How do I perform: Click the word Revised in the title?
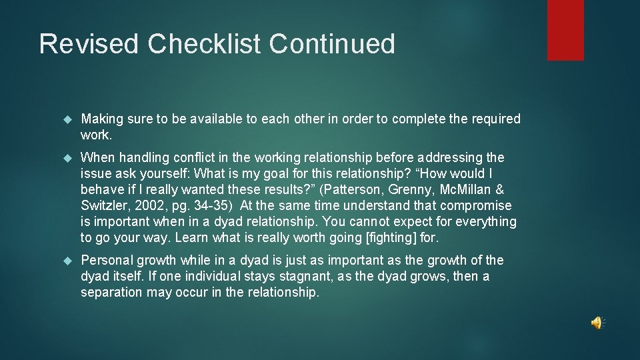[x=89, y=44]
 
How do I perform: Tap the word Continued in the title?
[x=332, y=44]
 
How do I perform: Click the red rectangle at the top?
[x=565, y=30]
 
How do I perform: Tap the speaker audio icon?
[x=597, y=323]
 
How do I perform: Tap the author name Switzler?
[x=105, y=205]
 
